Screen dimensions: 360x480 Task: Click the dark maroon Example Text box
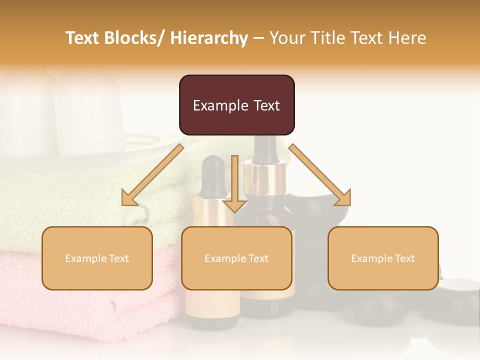coord(236,105)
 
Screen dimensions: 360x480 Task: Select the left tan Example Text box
coord(97,258)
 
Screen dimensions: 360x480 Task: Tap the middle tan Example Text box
coord(236,258)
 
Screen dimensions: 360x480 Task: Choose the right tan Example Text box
coord(383,258)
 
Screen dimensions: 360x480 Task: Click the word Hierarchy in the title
coord(209,38)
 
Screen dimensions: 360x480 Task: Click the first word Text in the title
coord(82,38)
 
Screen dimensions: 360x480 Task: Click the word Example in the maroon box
coord(220,105)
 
